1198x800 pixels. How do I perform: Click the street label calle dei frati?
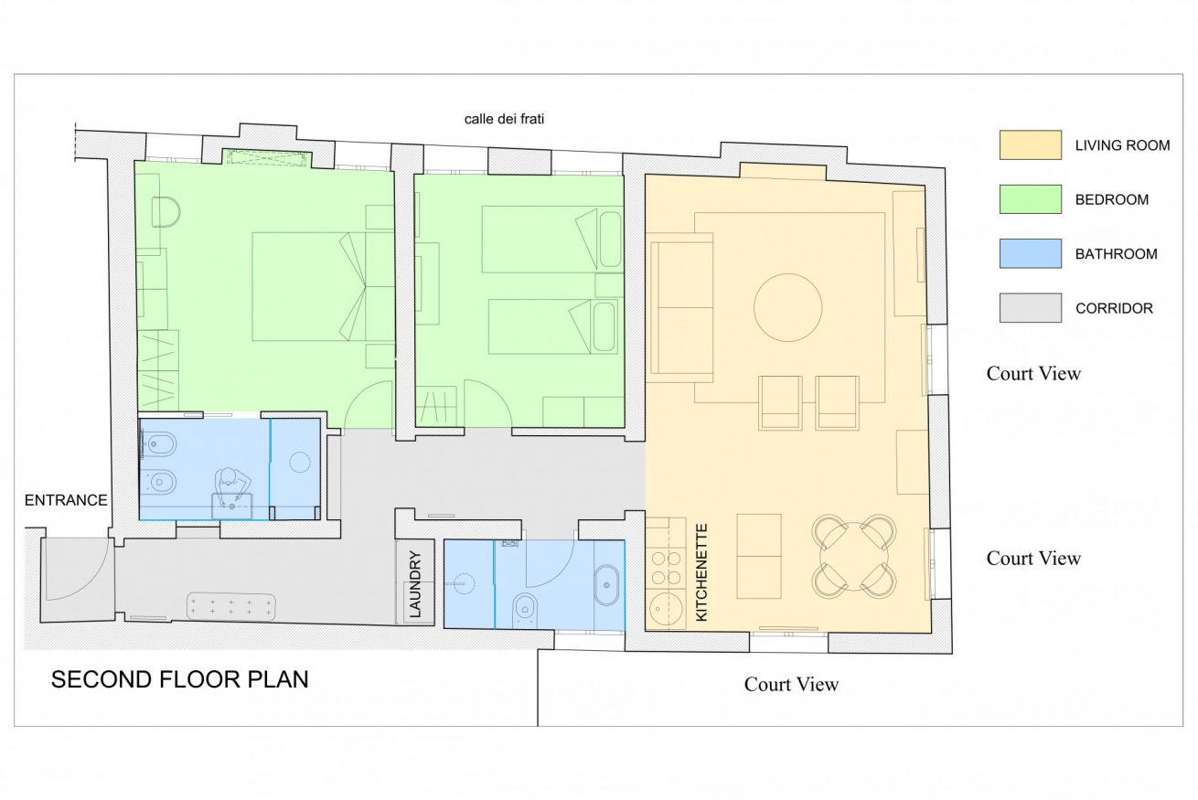pos(504,119)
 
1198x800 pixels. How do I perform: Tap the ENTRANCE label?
pos(66,500)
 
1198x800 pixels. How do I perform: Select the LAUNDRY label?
pos(415,584)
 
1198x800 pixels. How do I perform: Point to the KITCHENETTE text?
pos(701,572)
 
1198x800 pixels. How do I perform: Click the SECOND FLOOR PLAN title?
pos(179,679)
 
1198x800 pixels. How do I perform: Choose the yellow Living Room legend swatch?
pos(1030,144)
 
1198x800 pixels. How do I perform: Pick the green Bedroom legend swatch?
pos(1030,199)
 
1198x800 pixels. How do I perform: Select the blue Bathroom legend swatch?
pos(1030,253)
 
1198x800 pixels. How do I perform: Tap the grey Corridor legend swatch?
pos(1030,307)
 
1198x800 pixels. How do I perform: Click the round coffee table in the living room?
pos(787,307)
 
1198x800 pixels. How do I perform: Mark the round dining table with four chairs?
pos(853,557)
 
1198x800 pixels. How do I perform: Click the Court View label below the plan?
pos(791,684)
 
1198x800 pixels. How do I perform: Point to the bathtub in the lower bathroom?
pos(606,585)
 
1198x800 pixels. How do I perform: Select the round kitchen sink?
pos(666,609)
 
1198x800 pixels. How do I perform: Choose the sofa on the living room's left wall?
pos(679,307)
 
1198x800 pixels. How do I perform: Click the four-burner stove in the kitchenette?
pos(666,569)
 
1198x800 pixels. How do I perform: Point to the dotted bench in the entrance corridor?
pos(231,606)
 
